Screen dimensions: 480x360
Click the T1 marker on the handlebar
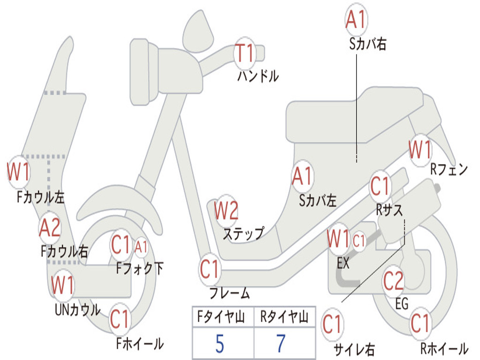click(245, 53)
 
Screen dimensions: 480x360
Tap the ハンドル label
click(258, 76)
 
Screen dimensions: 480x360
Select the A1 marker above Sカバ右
click(356, 20)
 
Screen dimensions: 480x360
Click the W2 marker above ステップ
click(226, 210)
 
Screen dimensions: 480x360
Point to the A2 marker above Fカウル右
click(50, 228)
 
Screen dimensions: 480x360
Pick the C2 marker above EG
click(393, 281)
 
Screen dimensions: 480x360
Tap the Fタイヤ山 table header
click(221, 317)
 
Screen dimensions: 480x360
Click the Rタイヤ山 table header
click(285, 317)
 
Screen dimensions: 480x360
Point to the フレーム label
click(230, 293)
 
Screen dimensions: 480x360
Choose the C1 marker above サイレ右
click(332, 324)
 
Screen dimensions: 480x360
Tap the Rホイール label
click(444, 348)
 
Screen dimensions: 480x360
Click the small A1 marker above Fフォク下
click(141, 247)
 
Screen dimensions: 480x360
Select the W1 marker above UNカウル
click(63, 285)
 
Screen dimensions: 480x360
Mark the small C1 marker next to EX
click(359, 241)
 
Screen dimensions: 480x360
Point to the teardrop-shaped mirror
click(198, 30)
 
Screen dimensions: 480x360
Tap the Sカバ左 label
click(317, 201)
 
